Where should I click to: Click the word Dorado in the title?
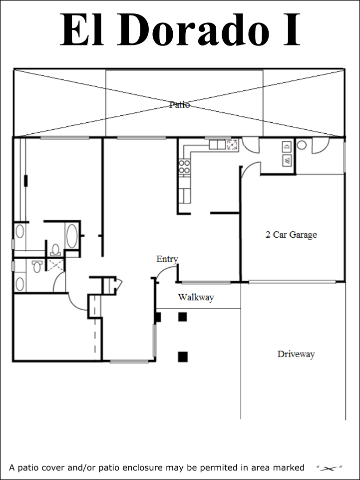(193, 29)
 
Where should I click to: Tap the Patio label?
(180, 105)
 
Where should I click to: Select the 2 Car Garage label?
(291, 234)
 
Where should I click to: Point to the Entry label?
(167, 259)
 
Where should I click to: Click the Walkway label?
(196, 297)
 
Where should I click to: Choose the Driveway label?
(296, 354)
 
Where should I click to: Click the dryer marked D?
(287, 146)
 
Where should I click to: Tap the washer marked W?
(287, 160)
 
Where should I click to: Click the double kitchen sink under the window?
(217, 144)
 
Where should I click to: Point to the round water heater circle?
(302, 145)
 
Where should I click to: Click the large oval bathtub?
(72, 236)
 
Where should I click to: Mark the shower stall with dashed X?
(55, 265)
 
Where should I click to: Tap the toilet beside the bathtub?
(55, 250)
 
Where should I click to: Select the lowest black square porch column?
(183, 357)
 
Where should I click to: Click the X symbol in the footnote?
(329, 468)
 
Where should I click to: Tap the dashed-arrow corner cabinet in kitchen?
(232, 144)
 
